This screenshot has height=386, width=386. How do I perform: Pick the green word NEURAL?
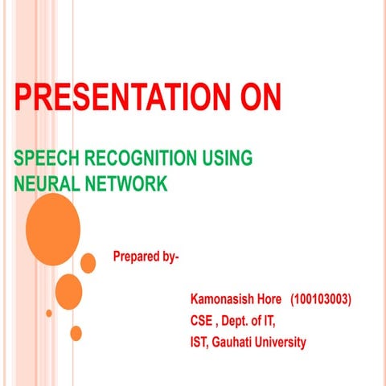coord(45,184)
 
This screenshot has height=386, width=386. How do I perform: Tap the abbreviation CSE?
coord(201,321)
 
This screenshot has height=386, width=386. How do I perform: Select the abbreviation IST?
coord(199,343)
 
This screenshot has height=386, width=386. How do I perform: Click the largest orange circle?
coord(52,230)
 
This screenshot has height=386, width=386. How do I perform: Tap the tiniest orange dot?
coord(49,313)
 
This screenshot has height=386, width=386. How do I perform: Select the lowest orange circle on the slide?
coord(76,333)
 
